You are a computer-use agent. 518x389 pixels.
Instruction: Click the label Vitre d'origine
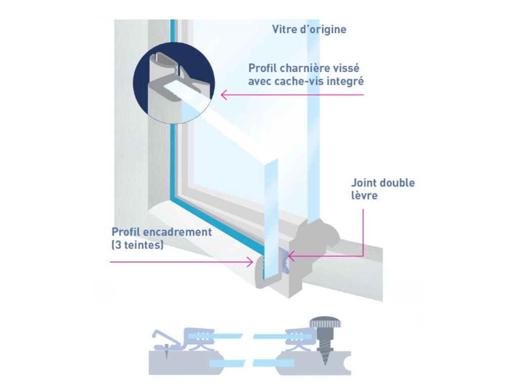tap(309, 29)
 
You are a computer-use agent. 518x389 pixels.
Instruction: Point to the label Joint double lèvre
tap(382, 189)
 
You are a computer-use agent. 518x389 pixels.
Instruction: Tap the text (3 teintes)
tap(138, 245)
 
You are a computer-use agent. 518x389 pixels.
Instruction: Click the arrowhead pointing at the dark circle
tap(224, 95)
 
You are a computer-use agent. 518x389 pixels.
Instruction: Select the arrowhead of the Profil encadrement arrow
tap(250, 262)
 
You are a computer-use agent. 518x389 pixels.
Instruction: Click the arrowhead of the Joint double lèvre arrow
tap(291, 256)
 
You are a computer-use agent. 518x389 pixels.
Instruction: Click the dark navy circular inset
tap(174, 83)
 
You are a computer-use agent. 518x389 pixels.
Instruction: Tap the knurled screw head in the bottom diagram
tap(325, 323)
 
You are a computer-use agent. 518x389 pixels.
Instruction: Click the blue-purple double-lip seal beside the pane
tap(285, 261)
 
